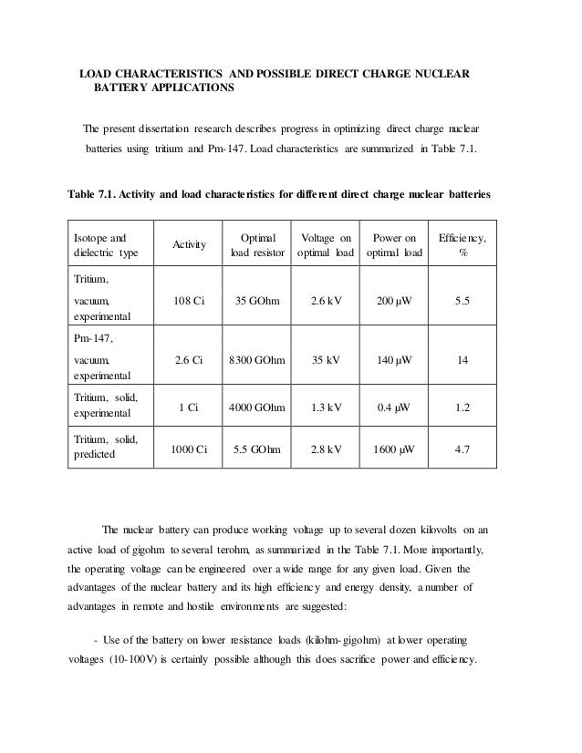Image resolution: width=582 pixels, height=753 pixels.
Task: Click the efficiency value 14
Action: pos(462,360)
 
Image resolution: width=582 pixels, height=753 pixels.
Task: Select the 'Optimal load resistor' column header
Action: pos(257,244)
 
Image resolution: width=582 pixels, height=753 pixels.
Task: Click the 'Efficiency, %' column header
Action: pos(462,244)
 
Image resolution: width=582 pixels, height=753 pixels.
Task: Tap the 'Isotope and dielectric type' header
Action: pos(103,244)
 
